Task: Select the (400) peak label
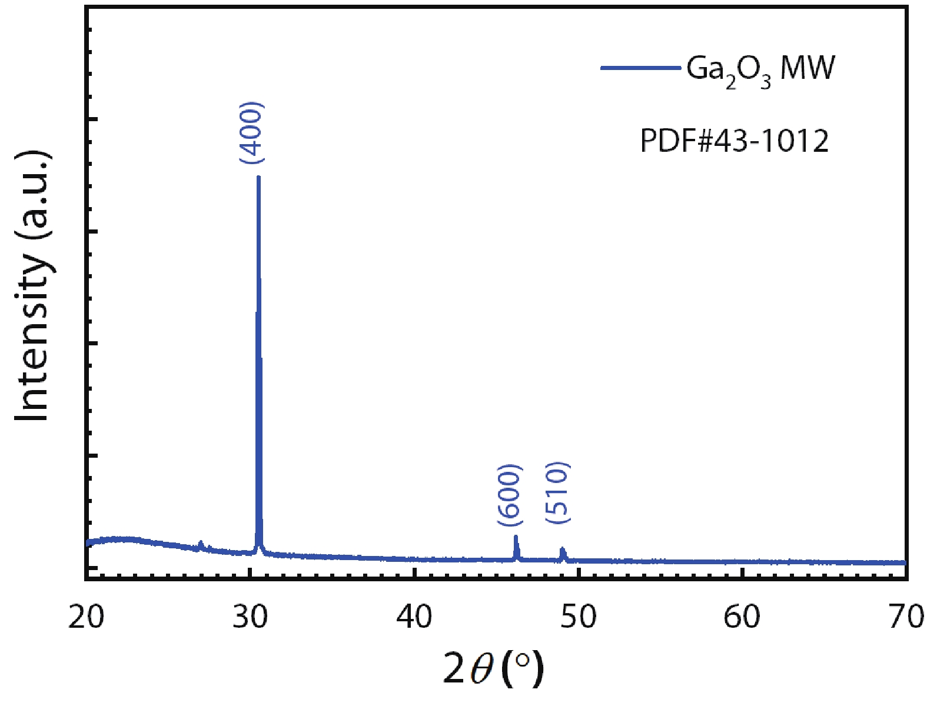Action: (x=252, y=133)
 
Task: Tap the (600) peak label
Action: (x=509, y=495)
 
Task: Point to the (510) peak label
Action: (x=557, y=492)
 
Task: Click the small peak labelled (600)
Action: (x=516, y=538)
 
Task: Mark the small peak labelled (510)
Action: (x=563, y=550)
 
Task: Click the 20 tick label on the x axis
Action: (x=86, y=617)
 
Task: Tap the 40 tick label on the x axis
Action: (x=414, y=617)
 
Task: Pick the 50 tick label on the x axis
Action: (x=579, y=617)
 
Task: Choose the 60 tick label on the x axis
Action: (x=742, y=617)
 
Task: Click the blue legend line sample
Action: (x=640, y=68)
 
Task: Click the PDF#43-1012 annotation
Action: (x=734, y=141)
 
